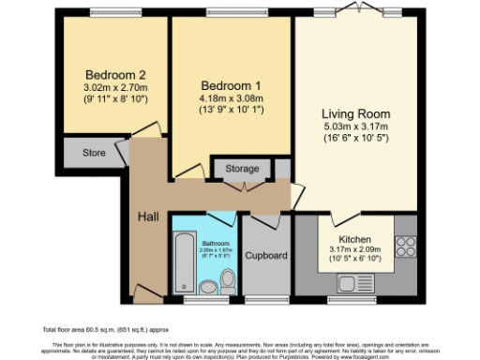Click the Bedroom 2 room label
pyautogui.click(x=109, y=75)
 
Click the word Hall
pyautogui.click(x=147, y=217)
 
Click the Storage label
pyautogui.click(x=242, y=169)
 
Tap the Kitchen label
pyautogui.click(x=353, y=239)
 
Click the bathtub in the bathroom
pyautogui.click(x=181, y=266)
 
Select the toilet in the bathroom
pyautogui.click(x=228, y=279)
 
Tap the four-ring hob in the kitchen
pyautogui.click(x=407, y=246)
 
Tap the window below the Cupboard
pyautogui.click(x=266, y=300)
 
